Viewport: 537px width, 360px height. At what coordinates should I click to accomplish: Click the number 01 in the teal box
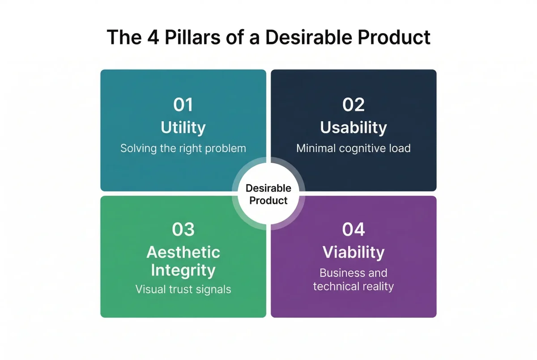click(x=183, y=105)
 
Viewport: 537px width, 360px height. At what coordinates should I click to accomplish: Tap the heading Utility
click(x=183, y=127)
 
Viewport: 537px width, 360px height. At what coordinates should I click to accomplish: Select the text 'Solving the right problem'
click(x=183, y=148)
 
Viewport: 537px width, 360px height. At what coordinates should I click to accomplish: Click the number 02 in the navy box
click(x=354, y=105)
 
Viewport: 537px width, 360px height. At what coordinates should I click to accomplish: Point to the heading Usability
click(x=354, y=127)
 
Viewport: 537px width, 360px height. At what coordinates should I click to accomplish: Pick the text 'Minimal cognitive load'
click(x=354, y=148)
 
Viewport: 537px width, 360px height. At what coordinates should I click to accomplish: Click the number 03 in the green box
click(x=183, y=229)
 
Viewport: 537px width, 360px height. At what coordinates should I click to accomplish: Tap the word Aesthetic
click(x=183, y=252)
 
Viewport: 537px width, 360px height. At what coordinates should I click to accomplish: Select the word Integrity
click(x=183, y=270)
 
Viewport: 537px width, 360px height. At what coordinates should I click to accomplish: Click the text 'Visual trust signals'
click(x=183, y=289)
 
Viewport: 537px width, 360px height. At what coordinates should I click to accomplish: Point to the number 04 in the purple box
click(x=354, y=229)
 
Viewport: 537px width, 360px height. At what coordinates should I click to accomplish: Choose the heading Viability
click(x=354, y=252)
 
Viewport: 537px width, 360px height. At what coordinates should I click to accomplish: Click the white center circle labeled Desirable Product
click(x=268, y=194)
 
